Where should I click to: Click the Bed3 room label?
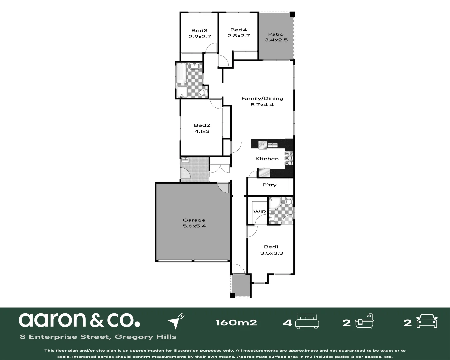199,30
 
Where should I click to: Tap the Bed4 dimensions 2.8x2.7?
239,36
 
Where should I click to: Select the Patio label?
276,34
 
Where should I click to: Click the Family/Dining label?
262,98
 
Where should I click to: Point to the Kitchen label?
267,159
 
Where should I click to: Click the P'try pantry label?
269,185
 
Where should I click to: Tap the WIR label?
260,212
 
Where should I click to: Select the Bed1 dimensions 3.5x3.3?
271,253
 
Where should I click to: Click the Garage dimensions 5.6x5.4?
194,226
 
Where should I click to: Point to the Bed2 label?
202,125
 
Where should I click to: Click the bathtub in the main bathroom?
181,73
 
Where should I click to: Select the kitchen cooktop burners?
289,158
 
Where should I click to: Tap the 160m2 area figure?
236,322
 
